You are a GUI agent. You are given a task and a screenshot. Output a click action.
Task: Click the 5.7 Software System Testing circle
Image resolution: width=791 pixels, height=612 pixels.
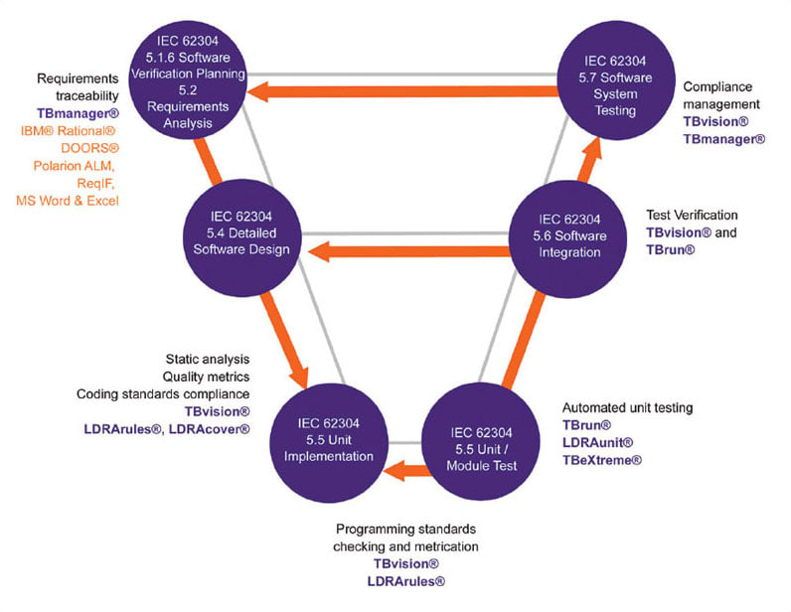616,80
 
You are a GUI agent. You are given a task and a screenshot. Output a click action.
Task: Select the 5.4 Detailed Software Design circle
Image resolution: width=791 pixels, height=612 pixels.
242,237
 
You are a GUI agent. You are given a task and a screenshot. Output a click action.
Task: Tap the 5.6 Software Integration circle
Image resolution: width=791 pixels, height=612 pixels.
569,238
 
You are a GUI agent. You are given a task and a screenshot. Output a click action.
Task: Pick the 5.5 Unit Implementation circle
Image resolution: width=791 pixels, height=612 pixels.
329,442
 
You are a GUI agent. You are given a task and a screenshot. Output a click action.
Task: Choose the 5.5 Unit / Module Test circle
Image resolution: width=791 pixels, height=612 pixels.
481,442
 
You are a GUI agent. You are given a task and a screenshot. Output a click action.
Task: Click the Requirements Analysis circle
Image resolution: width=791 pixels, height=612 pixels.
188,79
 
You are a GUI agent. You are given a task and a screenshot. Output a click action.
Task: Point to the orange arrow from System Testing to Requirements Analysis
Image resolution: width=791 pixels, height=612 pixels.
402,91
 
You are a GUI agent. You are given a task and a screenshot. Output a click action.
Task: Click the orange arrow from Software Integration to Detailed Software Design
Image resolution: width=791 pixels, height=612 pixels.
409,251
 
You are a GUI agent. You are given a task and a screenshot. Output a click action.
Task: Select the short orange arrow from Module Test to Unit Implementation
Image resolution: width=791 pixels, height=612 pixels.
406,471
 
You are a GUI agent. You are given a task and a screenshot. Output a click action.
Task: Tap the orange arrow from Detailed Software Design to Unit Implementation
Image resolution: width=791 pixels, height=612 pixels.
284,341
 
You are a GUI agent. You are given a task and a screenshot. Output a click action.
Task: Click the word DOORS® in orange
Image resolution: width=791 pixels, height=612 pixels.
89,148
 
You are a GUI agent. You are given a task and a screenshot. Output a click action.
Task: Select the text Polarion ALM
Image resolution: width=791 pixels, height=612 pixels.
75,166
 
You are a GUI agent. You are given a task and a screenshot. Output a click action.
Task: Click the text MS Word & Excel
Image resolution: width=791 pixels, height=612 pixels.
68,201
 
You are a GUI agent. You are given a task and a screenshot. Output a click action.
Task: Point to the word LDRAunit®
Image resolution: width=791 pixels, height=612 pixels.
598,443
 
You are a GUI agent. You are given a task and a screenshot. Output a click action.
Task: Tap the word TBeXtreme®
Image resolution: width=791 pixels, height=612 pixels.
602,460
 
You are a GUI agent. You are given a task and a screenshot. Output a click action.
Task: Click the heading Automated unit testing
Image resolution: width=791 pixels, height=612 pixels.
628,407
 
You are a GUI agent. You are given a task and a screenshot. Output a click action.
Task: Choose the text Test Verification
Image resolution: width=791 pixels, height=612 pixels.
692,216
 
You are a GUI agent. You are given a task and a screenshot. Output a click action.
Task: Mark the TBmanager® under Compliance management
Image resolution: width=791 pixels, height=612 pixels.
724,139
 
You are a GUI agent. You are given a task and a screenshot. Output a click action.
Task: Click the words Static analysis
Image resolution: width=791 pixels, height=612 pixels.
208,360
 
